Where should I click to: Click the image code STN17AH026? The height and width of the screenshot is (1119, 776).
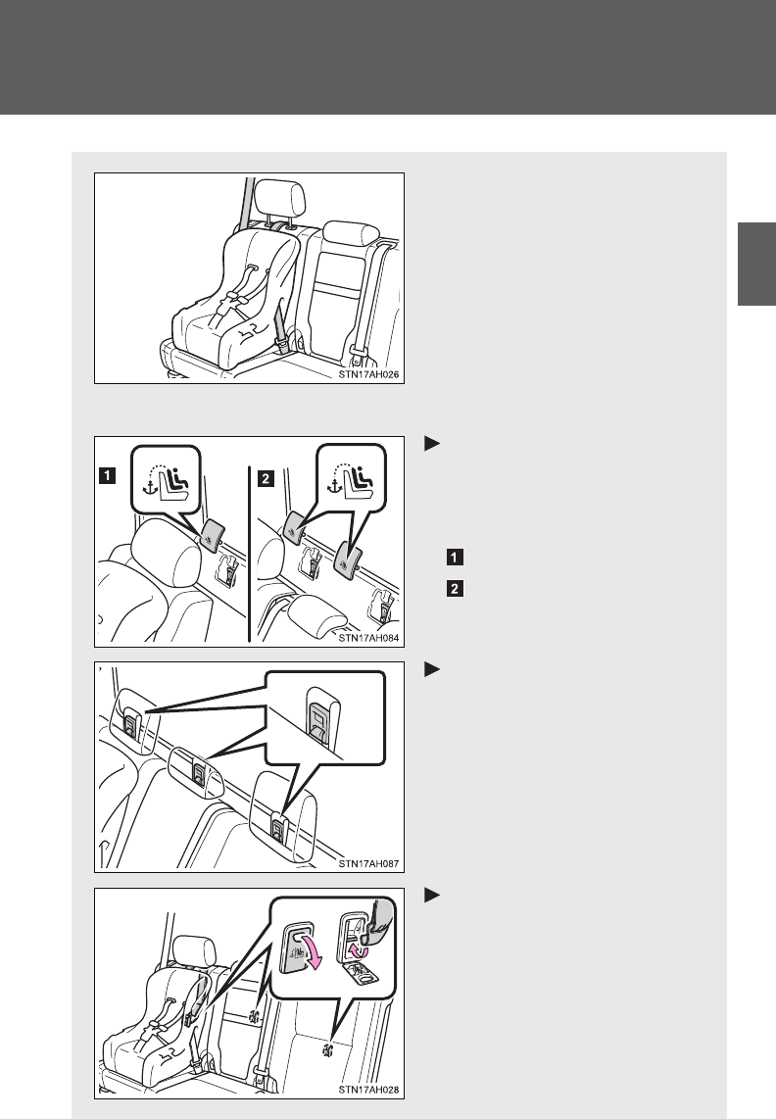click(369, 374)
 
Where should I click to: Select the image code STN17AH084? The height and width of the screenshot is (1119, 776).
click(369, 638)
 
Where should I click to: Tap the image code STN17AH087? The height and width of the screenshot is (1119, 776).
click(369, 863)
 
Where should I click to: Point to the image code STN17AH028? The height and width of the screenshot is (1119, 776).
click(369, 1090)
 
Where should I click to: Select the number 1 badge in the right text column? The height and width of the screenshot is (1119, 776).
click(455, 557)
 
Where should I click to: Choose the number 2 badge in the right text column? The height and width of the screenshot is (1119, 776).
click(455, 589)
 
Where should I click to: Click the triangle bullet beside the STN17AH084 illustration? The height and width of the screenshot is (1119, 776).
click(431, 443)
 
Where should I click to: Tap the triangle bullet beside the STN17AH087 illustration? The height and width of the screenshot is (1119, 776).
click(431, 669)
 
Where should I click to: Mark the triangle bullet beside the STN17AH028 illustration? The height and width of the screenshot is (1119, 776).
click(431, 895)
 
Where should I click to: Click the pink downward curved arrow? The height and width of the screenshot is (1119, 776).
click(313, 952)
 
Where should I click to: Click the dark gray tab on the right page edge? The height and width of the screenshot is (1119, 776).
click(756, 264)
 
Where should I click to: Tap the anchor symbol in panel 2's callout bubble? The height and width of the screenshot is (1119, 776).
click(333, 485)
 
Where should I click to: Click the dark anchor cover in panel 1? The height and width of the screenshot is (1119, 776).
click(213, 535)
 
